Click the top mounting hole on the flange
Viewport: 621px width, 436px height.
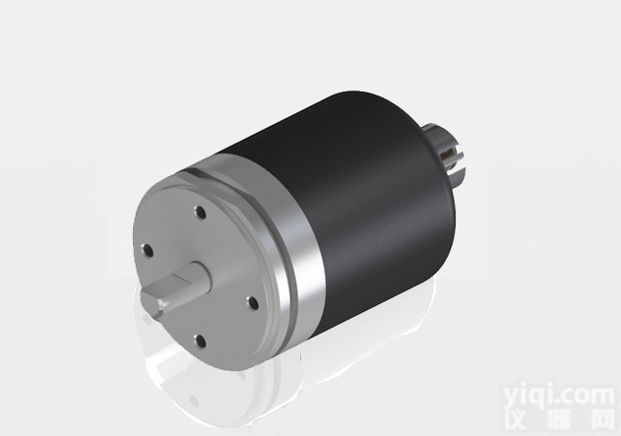(x=200, y=211)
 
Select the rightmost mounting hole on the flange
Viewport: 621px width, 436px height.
(x=251, y=302)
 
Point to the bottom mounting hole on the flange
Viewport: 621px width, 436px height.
(x=200, y=341)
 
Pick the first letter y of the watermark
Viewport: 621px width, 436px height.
(x=512, y=397)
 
